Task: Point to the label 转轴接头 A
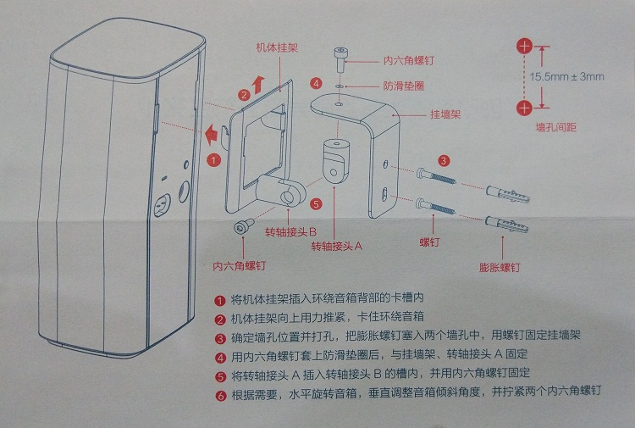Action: (x=336, y=246)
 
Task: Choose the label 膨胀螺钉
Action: (x=499, y=268)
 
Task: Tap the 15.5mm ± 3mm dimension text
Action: (x=567, y=76)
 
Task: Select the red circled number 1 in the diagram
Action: (x=214, y=158)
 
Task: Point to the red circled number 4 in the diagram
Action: (x=316, y=83)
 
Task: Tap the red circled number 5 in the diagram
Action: (x=316, y=203)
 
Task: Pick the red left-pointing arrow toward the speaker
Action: (x=206, y=131)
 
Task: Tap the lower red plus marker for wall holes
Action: (x=526, y=107)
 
